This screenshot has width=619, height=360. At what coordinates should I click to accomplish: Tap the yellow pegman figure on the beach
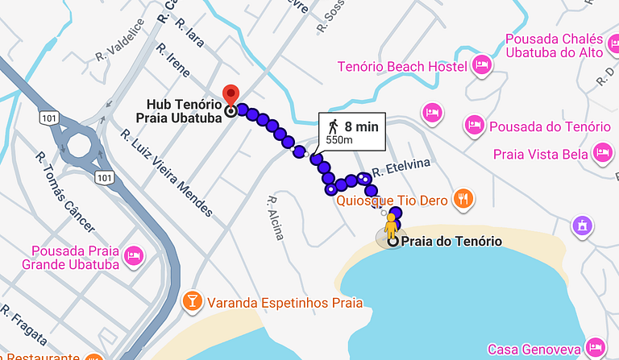tap(391, 226)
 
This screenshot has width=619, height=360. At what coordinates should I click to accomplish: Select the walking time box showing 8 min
tap(352, 132)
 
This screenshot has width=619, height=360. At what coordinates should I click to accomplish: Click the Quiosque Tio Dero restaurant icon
tap(462, 198)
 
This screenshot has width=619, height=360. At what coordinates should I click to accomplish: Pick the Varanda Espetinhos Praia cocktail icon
tap(193, 302)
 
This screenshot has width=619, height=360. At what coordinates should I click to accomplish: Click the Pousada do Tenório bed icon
tap(475, 126)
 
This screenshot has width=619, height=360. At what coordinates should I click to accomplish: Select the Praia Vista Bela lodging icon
tap(601, 151)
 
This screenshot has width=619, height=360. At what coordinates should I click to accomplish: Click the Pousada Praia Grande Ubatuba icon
tap(134, 257)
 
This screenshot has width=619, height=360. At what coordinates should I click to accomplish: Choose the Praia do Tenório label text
tap(451, 242)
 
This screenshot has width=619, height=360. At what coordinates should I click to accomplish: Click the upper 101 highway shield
tap(48, 118)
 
